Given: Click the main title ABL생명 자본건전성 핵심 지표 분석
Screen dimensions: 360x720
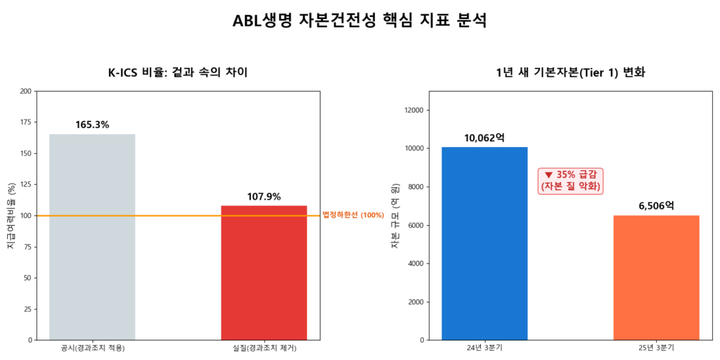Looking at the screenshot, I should (x=359, y=21).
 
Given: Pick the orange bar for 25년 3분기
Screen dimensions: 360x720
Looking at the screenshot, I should (x=656, y=277).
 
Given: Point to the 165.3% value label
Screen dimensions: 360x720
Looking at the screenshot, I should (x=92, y=124).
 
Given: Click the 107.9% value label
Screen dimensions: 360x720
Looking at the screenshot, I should (x=264, y=196).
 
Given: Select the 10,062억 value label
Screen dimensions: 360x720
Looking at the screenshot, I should (x=484, y=137).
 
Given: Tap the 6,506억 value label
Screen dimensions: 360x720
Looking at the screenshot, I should (x=656, y=205).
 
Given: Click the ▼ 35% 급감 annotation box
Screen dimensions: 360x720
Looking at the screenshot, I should (x=571, y=181).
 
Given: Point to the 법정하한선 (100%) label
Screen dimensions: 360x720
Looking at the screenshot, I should (x=353, y=215).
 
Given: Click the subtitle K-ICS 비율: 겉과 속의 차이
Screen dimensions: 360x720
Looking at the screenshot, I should (x=177, y=72).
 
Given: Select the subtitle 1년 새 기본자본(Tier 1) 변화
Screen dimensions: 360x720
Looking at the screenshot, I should (x=570, y=72).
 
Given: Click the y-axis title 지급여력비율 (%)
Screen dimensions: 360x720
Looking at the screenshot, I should (x=11, y=215).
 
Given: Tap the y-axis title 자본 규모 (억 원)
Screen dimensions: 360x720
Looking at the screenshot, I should (x=394, y=215).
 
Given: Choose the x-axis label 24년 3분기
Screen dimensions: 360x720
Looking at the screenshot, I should (x=484, y=348).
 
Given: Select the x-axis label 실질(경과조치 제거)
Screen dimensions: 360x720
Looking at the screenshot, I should (x=264, y=348).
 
